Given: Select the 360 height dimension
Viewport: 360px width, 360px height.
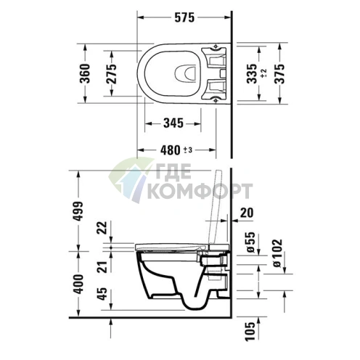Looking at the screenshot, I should [84, 73].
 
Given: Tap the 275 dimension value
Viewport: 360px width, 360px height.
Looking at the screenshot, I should [111, 73].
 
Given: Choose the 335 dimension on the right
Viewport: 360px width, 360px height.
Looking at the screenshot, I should [250, 73].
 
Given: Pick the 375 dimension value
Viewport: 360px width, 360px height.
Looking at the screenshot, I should [277, 73].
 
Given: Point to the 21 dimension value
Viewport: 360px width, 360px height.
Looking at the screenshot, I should [102, 269].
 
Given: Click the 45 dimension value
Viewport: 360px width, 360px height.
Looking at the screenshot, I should [102, 294].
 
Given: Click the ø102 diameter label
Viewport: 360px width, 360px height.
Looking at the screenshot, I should [277, 250].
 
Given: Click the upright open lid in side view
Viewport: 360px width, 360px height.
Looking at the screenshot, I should [215, 207].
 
